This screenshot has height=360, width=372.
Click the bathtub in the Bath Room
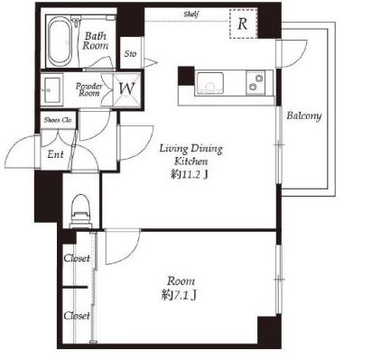(60, 42)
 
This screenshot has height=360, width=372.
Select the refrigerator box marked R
(244, 23)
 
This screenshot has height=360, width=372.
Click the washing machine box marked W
(126, 89)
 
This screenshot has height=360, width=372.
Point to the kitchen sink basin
(210, 82)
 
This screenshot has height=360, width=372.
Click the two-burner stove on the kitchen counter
(256, 82)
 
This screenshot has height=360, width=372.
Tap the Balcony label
(303, 115)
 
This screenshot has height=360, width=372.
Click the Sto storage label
(130, 54)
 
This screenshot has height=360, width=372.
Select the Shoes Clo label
(58, 120)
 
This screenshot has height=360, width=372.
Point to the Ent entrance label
(55, 154)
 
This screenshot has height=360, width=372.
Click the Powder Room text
(88, 89)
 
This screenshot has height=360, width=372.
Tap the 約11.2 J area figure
(190, 175)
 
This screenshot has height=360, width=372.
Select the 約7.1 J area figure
(179, 295)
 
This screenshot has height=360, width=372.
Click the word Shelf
(191, 14)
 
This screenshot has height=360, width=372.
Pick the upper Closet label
(77, 258)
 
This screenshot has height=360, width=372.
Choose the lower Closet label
(77, 316)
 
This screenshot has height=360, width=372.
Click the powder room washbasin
(52, 89)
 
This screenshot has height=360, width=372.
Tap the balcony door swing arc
(296, 56)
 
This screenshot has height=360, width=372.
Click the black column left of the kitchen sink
(186, 76)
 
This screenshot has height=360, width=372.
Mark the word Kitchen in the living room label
(191, 162)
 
